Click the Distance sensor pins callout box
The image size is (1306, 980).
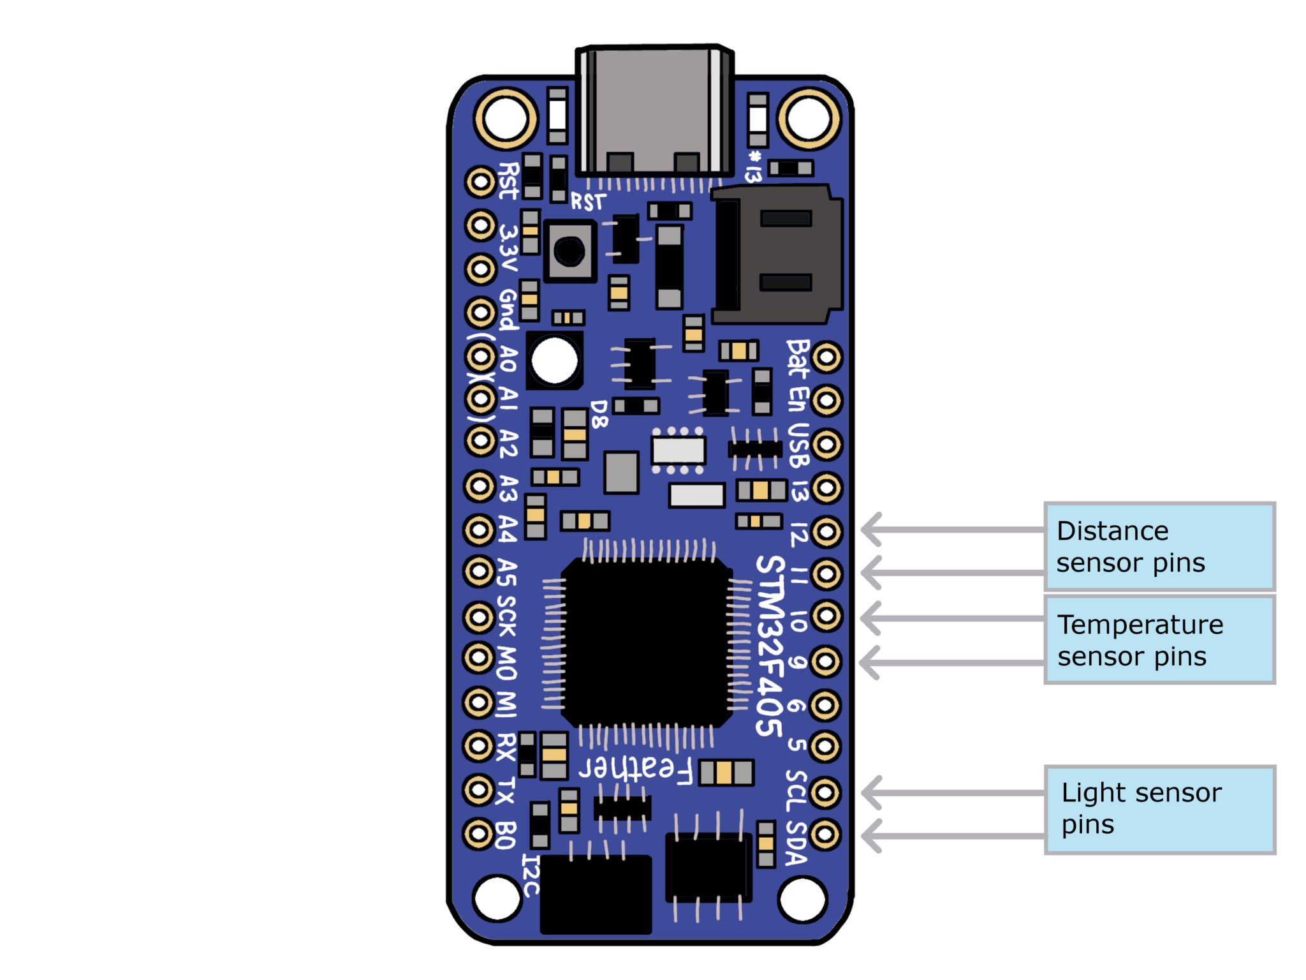[x=1159, y=546]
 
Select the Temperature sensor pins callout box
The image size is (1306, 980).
[x=1159, y=640]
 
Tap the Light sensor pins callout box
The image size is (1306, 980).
[x=1159, y=809]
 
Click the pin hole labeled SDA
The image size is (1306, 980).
[x=825, y=834]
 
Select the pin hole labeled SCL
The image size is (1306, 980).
[x=825, y=792]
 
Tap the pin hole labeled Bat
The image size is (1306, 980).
[x=827, y=357]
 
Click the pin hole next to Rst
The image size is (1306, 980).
[x=480, y=182]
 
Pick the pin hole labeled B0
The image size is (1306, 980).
[x=478, y=833]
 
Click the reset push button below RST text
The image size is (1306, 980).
[x=569, y=251]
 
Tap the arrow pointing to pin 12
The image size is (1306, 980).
[x=950, y=530]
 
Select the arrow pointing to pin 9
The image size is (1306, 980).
[x=950, y=662]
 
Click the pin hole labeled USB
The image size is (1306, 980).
[x=827, y=444]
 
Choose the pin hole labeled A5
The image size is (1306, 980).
[x=479, y=572]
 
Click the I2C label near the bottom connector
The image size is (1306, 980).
[x=531, y=875]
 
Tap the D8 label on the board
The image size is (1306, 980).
[x=599, y=414]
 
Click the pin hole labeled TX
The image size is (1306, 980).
[x=478, y=790]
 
